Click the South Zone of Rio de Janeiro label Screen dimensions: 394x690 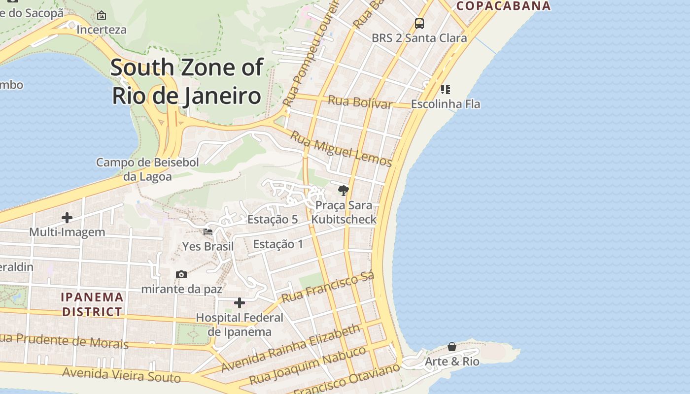pyautogui.click(x=186, y=81)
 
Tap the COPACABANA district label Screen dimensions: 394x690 pyautogui.click(x=503, y=6)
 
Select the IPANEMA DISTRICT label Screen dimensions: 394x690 pyautogui.click(x=92, y=304)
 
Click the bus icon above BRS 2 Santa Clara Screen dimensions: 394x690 pyautogui.click(x=419, y=23)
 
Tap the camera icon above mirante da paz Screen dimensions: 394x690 pyautogui.click(x=181, y=274)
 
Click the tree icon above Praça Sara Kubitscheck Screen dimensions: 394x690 pyautogui.click(x=344, y=190)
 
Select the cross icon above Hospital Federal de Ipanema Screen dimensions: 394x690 pyautogui.click(x=240, y=302)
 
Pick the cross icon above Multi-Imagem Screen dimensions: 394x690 pyautogui.click(x=67, y=217)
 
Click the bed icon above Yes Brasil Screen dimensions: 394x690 pyautogui.click(x=208, y=231)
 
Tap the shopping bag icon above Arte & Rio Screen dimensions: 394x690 pyautogui.click(x=452, y=347)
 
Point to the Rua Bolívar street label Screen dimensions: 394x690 pyautogui.click(x=360, y=102)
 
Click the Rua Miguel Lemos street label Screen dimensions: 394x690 pyautogui.click(x=341, y=149)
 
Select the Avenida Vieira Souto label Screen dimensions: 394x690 pyautogui.click(x=121, y=375)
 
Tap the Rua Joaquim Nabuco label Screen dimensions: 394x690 pyautogui.click(x=308, y=365)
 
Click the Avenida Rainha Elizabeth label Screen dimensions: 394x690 pyautogui.click(x=291, y=348)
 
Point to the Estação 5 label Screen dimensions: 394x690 pyautogui.click(x=273, y=219)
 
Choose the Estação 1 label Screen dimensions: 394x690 pyautogui.click(x=278, y=244)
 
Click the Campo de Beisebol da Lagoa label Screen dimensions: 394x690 pyautogui.click(x=147, y=169)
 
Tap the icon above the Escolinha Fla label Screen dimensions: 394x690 pyautogui.click(x=445, y=89)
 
